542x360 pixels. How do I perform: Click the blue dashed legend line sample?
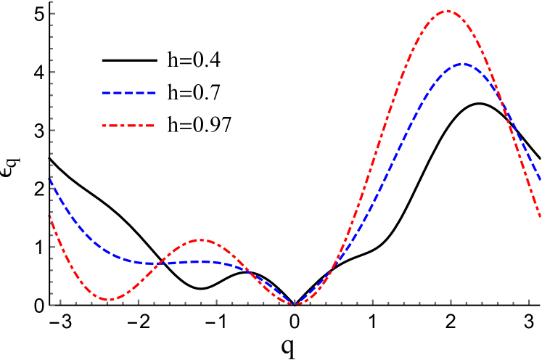click(129, 93)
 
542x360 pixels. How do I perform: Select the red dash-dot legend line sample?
click(129, 126)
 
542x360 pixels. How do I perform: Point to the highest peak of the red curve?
click(447, 11)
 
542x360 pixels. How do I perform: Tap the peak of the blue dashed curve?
click(462, 64)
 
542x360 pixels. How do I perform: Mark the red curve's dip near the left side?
click(107, 300)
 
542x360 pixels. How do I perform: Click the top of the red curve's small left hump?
click(201, 240)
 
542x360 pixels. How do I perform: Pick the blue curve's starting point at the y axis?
click(50, 179)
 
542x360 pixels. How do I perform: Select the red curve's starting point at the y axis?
click(49, 216)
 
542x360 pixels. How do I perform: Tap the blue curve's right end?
click(540, 179)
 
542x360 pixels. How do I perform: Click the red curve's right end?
click(540, 216)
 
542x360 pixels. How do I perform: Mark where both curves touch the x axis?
click(294, 303)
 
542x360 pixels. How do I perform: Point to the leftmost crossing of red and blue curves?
click(158, 263)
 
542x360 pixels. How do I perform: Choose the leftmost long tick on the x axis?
click(60, 300)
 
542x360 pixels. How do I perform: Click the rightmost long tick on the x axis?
click(529, 300)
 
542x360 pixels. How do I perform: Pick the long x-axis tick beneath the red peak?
click(451, 300)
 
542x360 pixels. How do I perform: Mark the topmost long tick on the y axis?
click(53, 14)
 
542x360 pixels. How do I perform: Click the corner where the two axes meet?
click(52, 305)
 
